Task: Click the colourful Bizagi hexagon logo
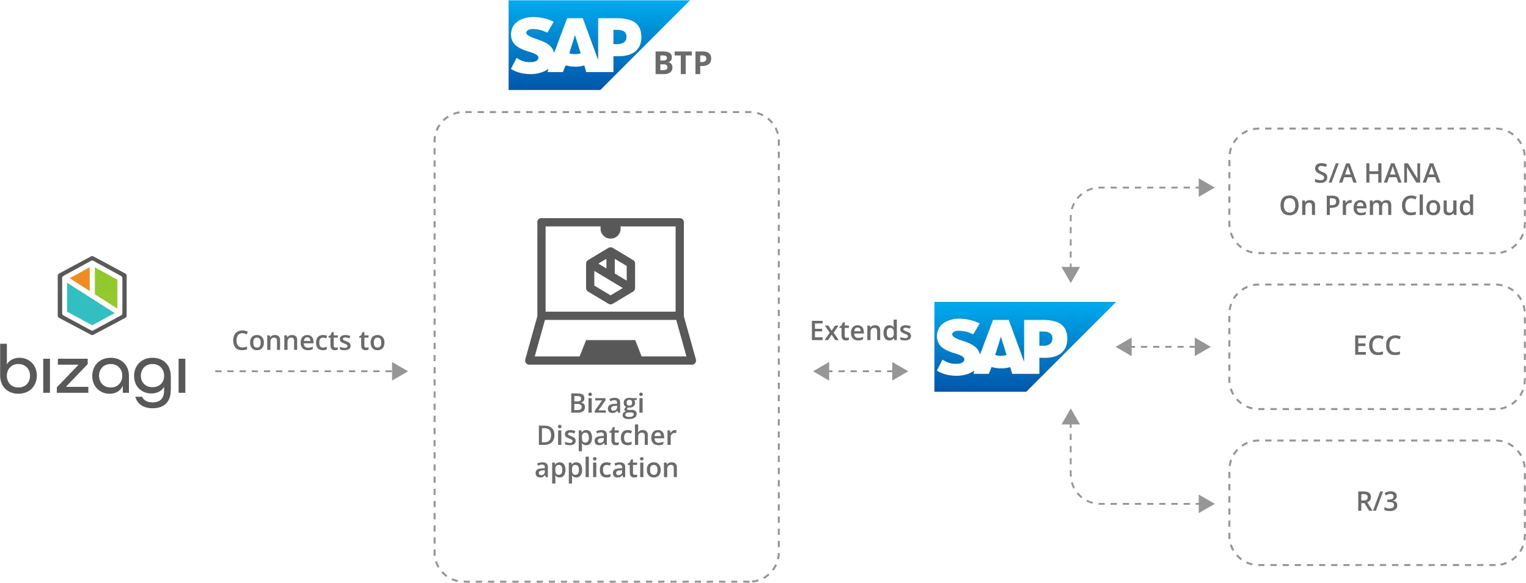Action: point(92,295)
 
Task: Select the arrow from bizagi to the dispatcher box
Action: point(313,371)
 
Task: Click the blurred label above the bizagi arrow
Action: point(308,340)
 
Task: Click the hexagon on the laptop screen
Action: point(610,275)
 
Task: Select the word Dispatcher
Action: point(606,436)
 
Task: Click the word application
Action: point(606,468)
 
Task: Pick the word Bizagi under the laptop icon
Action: point(606,403)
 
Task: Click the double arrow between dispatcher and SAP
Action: point(860,371)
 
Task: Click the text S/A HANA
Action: point(1376,174)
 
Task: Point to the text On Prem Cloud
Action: point(1376,206)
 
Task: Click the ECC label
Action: point(1376,346)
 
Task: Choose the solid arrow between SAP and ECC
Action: point(1163,347)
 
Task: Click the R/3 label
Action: point(1376,502)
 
